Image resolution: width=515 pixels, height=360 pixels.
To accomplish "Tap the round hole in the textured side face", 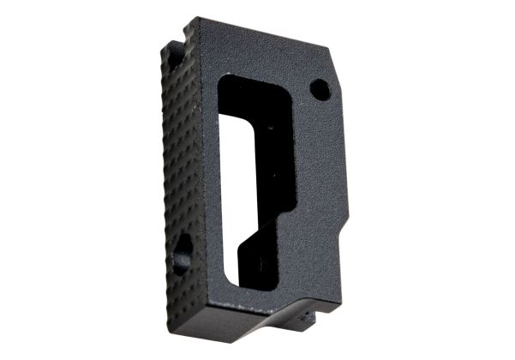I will click(x=182, y=255).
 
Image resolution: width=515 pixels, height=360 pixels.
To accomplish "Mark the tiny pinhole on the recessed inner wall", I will click(x=272, y=129).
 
